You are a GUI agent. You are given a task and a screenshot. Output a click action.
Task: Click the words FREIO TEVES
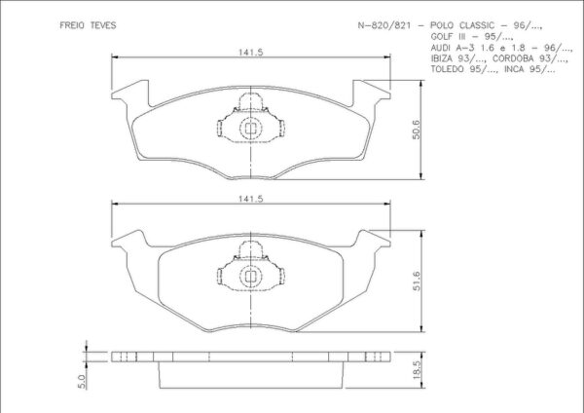88,25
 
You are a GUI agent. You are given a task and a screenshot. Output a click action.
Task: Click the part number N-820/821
384,25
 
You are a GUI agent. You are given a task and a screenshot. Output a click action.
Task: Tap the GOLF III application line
472,37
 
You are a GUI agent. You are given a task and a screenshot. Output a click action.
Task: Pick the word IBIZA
441,58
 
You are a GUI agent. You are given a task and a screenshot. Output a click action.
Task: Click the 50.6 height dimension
416,130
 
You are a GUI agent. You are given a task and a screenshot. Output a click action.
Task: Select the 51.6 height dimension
416,281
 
